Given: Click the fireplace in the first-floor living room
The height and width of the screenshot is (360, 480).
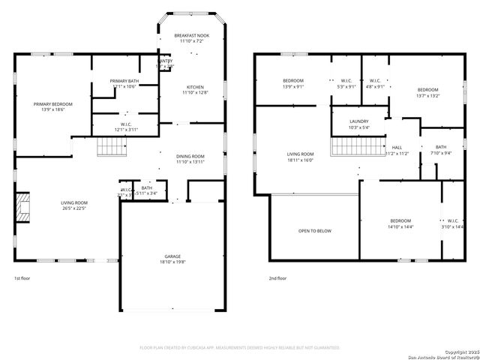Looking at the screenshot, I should tap(25, 208).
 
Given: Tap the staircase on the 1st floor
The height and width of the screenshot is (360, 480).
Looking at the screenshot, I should tap(110, 147).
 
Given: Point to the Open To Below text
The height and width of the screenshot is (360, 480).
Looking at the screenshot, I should tap(314, 231).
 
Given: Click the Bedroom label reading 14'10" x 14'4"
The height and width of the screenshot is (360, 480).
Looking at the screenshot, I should tap(400, 223).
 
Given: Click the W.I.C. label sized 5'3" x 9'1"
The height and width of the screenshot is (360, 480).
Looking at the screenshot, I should tap(346, 83).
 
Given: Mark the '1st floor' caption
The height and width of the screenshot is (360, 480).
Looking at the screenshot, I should tap(23, 278).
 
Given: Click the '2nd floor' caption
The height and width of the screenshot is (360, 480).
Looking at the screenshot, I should tap(277, 278).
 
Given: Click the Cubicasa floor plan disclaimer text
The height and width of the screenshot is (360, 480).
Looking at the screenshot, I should tap(240, 348).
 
